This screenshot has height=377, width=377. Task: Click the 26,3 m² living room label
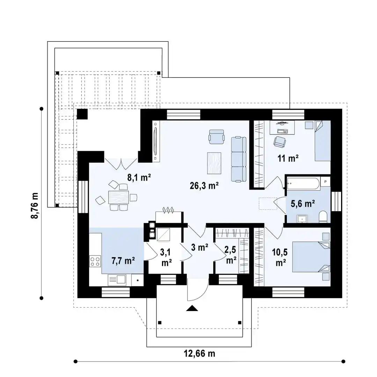pos(204,186)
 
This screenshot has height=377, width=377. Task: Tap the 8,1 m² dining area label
pos(139,177)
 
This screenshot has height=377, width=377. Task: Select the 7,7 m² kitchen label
pos(123,261)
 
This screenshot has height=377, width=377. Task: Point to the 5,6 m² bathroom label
pos(303,204)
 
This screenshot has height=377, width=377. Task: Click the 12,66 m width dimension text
pos(200,353)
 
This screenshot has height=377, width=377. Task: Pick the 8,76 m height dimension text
pos(35,206)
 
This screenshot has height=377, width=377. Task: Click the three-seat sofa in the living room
pos(239,159)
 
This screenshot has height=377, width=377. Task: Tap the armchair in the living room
pos(217,136)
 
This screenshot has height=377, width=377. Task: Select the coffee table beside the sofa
pos(214,163)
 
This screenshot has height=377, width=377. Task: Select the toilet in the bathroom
pos(323,217)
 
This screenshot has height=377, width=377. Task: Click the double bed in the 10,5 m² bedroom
pos(311,257)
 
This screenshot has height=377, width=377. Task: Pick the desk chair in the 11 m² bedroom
pos(280,141)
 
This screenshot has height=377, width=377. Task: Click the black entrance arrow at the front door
pos(192,308)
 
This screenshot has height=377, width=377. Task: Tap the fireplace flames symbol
pos(168,210)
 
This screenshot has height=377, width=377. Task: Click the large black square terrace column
pos(82,114)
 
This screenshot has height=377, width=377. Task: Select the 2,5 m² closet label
pos(230,255)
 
